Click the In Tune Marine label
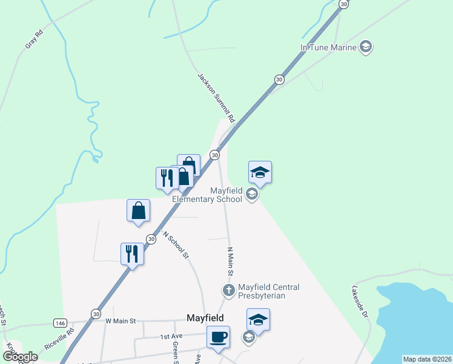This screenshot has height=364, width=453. click(x=328, y=46)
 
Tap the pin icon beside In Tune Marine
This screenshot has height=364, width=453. click(x=365, y=46)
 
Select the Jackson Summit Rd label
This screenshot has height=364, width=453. click(x=216, y=98)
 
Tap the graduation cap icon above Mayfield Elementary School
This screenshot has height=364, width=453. click(x=260, y=172)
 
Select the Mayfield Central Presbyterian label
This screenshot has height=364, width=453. click(x=269, y=291)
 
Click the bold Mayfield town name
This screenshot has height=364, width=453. click(x=205, y=318)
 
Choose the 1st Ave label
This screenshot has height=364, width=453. click(x=171, y=336)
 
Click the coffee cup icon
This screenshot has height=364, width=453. click(x=218, y=337)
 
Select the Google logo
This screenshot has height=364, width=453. click(x=19, y=357)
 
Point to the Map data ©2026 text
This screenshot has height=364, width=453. click(x=426, y=359)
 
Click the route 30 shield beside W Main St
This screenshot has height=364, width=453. click(x=96, y=314)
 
